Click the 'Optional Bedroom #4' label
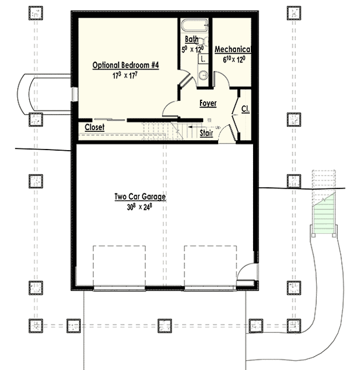click(x=126, y=65)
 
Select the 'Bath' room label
click(x=192, y=39)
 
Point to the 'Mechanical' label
click(x=233, y=49)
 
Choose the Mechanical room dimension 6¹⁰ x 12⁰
click(x=233, y=58)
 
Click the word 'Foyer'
click(x=208, y=103)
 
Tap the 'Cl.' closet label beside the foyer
click(x=245, y=110)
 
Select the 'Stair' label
click(x=206, y=133)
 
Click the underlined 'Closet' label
click(x=94, y=127)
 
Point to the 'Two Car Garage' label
click(x=140, y=196)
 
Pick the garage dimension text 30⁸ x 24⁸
click(x=140, y=207)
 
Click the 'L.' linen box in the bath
click(x=203, y=58)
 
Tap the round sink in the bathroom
click(x=202, y=74)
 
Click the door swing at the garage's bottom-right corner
click(x=247, y=274)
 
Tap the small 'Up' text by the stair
click(x=217, y=128)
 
